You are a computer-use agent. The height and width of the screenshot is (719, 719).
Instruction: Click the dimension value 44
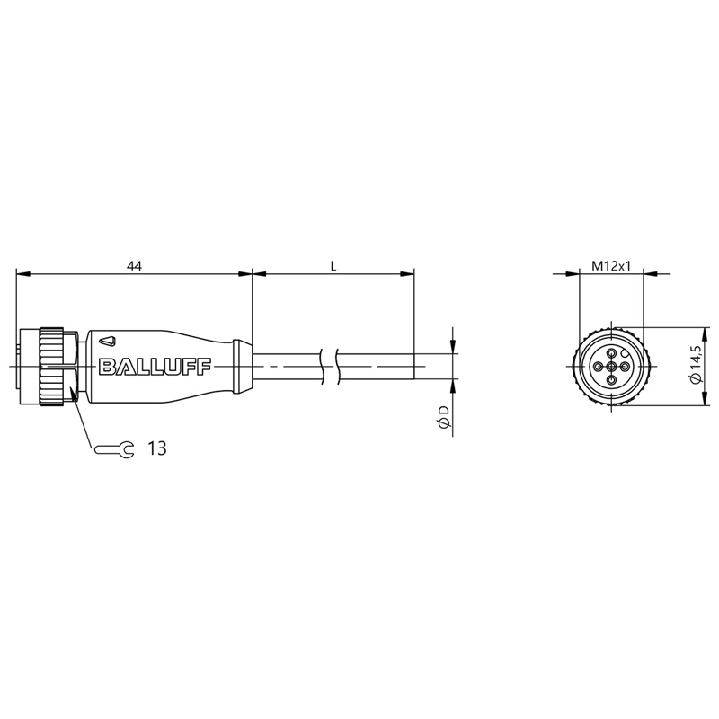(134, 265)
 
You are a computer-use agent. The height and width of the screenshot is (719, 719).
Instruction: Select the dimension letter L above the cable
(333, 266)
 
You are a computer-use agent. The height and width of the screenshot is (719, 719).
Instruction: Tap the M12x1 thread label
(611, 266)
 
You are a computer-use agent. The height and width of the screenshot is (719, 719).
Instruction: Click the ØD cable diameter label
(443, 417)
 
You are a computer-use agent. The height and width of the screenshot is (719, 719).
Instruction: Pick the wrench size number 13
(156, 448)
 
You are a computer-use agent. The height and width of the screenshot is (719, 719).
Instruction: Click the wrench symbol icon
(114, 448)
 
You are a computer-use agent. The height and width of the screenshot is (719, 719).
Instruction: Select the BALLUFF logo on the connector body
(155, 367)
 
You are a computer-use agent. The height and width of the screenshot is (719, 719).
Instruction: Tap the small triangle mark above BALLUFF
(108, 341)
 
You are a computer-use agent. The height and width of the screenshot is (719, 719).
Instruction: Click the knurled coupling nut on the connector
(51, 367)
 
